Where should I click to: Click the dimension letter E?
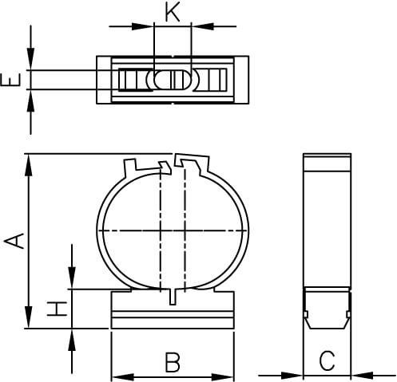10,80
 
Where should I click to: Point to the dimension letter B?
171,362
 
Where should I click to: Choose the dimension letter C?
327,360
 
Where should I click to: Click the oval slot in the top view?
171,80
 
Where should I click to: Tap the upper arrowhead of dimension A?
30,162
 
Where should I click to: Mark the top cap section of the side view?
327,163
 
